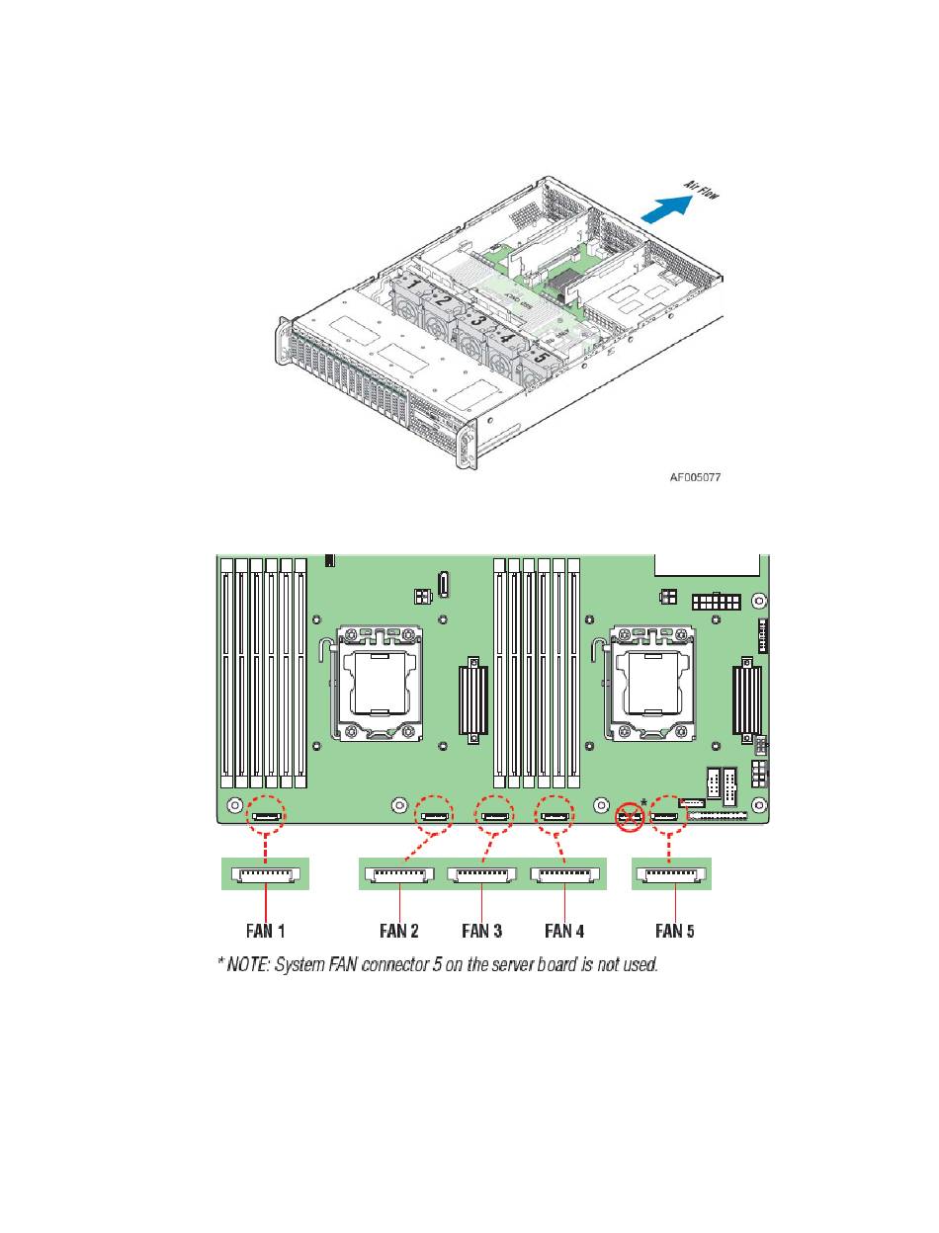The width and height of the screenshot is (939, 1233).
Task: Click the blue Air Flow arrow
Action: (x=666, y=208)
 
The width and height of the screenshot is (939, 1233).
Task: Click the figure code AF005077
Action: (x=695, y=477)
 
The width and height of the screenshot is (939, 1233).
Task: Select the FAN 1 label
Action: (x=265, y=931)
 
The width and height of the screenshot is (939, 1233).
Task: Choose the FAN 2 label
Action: (x=399, y=931)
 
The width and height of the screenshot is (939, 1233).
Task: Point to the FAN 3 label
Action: (x=481, y=931)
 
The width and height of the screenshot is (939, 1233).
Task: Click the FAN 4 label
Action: (x=564, y=931)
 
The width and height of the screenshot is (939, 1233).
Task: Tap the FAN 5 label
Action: (x=674, y=931)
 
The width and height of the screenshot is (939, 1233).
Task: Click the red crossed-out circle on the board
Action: (x=630, y=817)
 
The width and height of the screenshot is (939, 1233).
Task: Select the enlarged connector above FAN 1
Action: (x=265, y=874)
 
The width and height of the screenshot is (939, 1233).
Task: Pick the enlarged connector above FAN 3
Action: (x=481, y=874)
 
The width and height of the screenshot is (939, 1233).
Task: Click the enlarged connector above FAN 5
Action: (x=671, y=874)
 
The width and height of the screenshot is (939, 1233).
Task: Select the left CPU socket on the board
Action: (x=379, y=685)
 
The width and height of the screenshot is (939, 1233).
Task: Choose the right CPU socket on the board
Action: (x=650, y=685)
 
